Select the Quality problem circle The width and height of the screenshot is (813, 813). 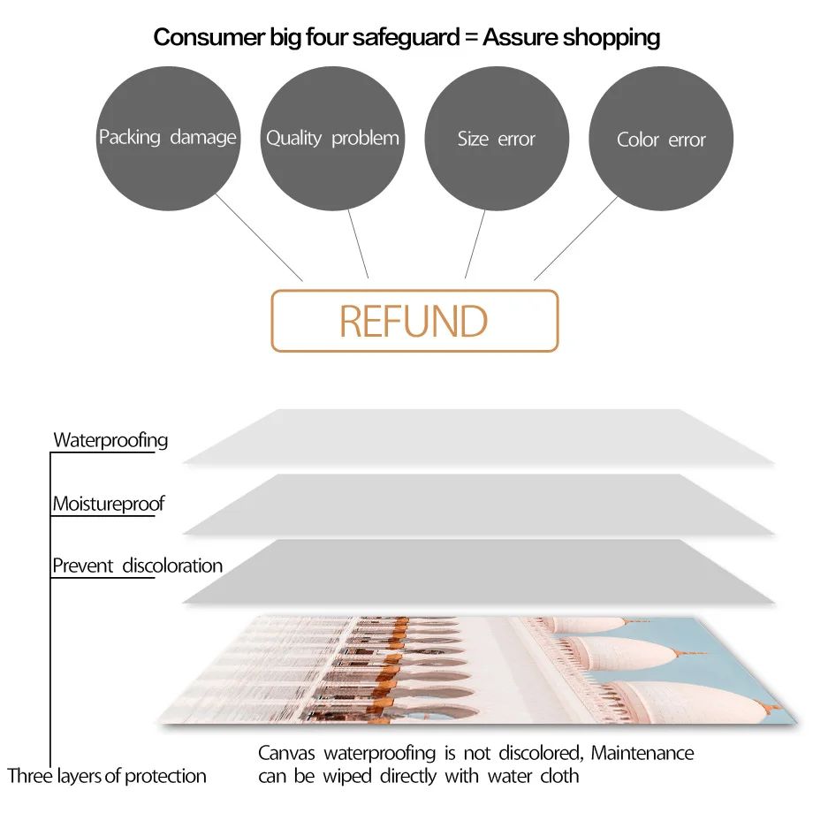[x=332, y=138]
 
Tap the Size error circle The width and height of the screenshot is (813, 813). [x=497, y=139]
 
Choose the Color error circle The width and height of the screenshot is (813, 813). [x=661, y=140]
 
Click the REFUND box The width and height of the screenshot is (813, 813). [x=414, y=321]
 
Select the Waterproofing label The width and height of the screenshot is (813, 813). [x=110, y=440]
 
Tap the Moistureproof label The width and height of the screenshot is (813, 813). [x=109, y=505]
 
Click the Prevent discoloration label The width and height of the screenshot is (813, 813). [x=137, y=566]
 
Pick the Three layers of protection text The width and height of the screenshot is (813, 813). [x=107, y=777]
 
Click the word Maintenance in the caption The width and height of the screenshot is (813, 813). [x=642, y=754]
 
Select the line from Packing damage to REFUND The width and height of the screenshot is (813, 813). [x=260, y=238]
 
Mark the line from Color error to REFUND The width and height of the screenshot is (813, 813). [x=575, y=238]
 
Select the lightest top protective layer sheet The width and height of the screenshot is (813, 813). [x=478, y=436]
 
